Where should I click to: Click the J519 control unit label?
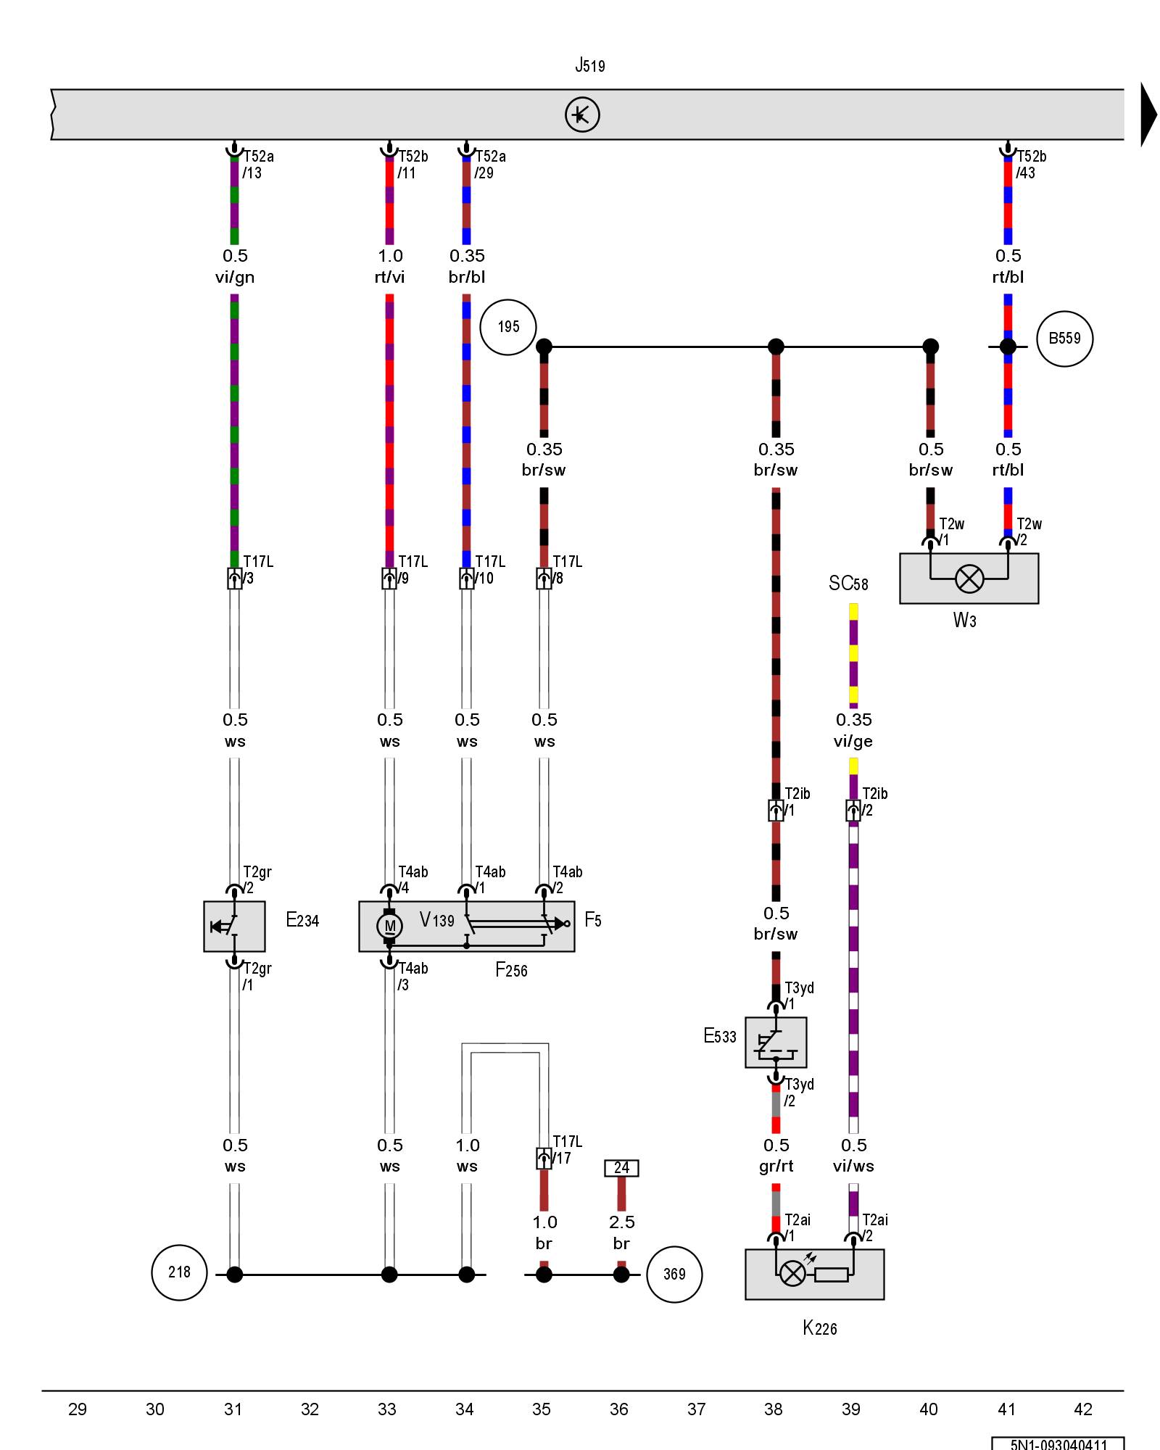tap(589, 65)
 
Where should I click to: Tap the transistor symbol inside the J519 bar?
tap(582, 115)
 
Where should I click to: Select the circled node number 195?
tap(508, 327)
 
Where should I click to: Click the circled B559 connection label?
tap(1064, 339)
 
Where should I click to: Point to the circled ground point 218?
tap(179, 1272)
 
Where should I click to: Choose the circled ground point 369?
tap(674, 1274)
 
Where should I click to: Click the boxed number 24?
tap(621, 1168)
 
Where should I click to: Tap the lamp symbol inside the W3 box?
tap(969, 579)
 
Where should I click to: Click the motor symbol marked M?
tap(389, 925)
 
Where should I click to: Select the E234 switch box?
tap(234, 926)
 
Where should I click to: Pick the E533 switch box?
tap(776, 1042)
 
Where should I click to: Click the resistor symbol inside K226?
tap(831, 1274)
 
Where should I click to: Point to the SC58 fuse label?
tap(848, 584)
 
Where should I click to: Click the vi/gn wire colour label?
tap(235, 277)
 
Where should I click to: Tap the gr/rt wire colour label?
tap(776, 1166)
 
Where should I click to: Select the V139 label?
tap(437, 920)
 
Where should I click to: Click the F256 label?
tap(511, 969)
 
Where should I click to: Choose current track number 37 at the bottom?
tap(696, 1409)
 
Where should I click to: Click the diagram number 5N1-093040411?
tap(1058, 1444)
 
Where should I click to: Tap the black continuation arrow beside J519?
tap(1148, 115)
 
